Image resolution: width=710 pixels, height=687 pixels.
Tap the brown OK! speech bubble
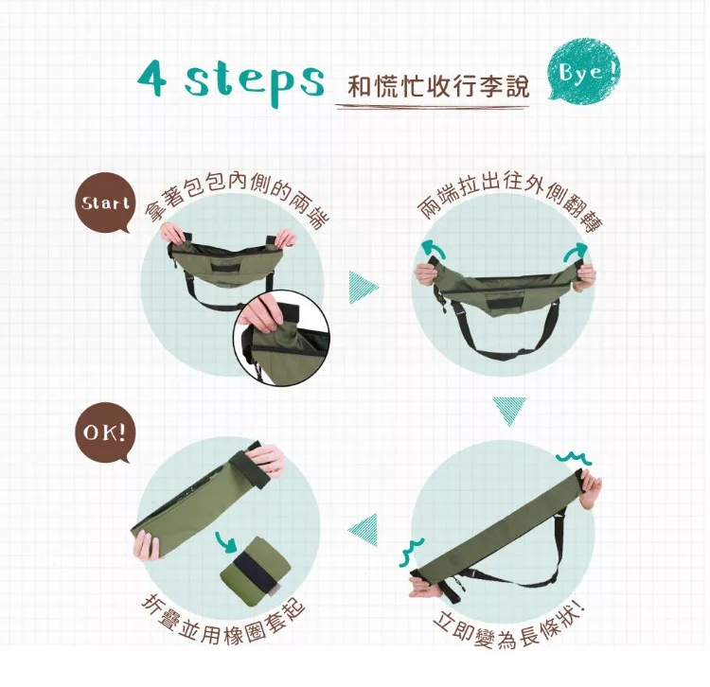(x=104, y=432)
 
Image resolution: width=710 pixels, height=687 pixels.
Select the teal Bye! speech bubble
(x=584, y=70)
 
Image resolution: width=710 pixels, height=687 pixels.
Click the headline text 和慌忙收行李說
(x=438, y=84)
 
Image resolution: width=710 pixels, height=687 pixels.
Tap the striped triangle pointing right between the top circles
(x=363, y=287)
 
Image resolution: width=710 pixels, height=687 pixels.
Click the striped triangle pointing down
(x=509, y=411)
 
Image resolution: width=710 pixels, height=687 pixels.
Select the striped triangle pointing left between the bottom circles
(x=364, y=530)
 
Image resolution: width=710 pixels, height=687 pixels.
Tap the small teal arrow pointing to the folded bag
(x=226, y=542)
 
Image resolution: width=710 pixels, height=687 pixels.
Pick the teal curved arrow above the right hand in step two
(x=575, y=252)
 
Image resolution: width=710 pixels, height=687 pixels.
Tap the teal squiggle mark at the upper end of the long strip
(x=573, y=459)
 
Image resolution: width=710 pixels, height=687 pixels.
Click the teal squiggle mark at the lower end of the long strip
(x=411, y=552)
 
